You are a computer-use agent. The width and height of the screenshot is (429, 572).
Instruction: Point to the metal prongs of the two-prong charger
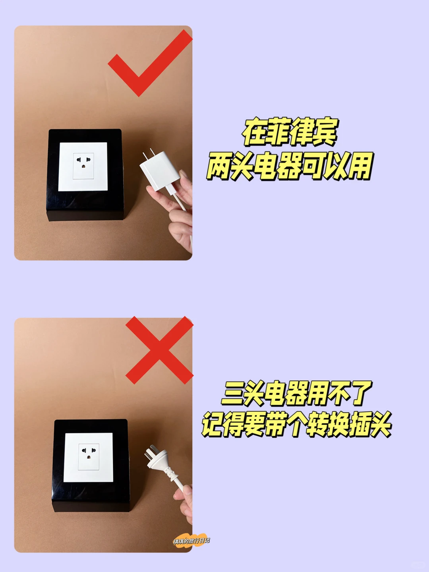tap(148, 155)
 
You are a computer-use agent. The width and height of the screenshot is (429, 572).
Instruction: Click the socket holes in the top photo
tap(83, 162)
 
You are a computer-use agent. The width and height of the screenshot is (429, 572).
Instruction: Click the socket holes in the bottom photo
tap(88, 453)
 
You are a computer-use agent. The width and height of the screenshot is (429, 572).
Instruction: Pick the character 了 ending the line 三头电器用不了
tap(359, 393)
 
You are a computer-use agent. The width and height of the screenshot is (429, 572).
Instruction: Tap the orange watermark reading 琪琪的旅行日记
tap(191, 541)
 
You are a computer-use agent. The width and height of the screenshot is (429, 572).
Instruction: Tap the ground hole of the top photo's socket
tap(83, 166)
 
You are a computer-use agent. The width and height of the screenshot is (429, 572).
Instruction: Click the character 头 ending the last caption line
tap(377, 425)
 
